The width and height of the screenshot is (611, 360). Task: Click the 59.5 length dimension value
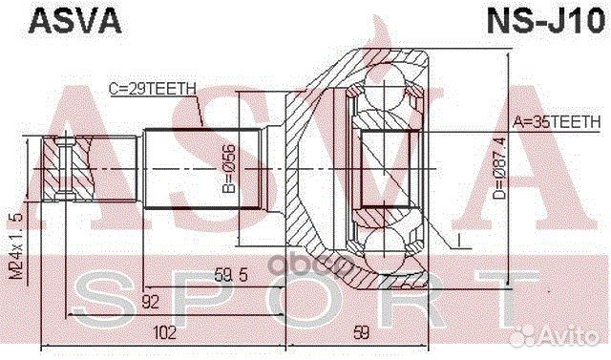232,276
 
